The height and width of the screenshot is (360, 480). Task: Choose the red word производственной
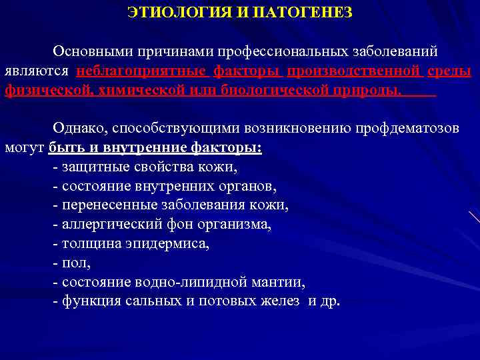pyautogui.click(x=353, y=71)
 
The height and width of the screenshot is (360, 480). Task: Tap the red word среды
pyautogui.click(x=450, y=71)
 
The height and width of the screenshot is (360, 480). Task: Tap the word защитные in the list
pyautogui.click(x=94, y=167)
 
